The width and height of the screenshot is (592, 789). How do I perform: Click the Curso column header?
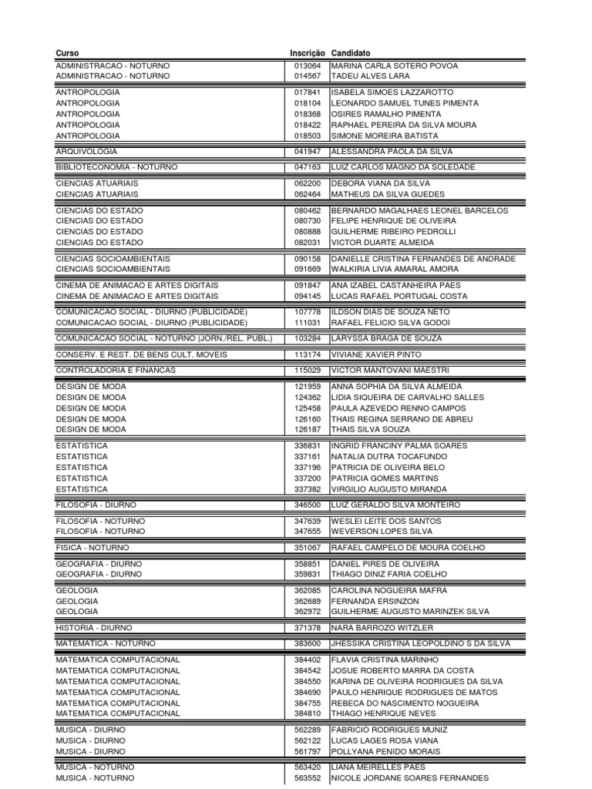pyautogui.click(x=67, y=52)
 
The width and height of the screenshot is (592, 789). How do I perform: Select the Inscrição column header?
pyautogui.click(x=308, y=52)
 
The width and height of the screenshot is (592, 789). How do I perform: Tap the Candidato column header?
pyautogui.click(x=350, y=52)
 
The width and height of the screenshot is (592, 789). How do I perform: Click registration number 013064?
pyautogui.click(x=308, y=66)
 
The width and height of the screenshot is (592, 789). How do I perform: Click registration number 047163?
pyautogui.click(x=308, y=167)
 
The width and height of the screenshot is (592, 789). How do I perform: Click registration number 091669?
pyautogui.click(x=308, y=270)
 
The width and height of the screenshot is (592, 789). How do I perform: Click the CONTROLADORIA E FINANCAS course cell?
pyautogui.click(x=116, y=371)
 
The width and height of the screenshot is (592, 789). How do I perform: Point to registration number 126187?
pyautogui.click(x=308, y=430)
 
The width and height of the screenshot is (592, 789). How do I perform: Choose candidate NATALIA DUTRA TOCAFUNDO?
pyautogui.click(x=388, y=457)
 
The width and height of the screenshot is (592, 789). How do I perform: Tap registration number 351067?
pyautogui.click(x=308, y=548)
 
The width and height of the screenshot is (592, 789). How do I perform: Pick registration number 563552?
pyautogui.click(x=308, y=778)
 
